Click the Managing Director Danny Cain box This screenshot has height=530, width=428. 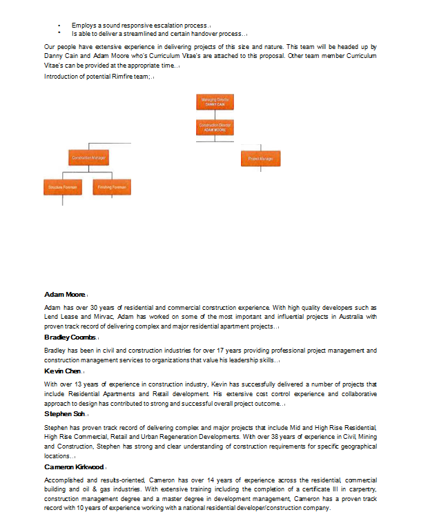pyautogui.click(x=215, y=102)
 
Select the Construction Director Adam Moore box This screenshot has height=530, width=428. pyautogui.click(x=215, y=128)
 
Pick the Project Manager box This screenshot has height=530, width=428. pyautogui.click(x=260, y=159)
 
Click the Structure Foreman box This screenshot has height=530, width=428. pyautogui.click(x=63, y=187)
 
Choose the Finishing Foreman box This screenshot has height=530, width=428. pyautogui.click(x=110, y=187)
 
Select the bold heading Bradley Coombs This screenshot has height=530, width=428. pyautogui.click(x=69, y=337)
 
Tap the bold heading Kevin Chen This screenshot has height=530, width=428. pyautogui.click(x=62, y=371)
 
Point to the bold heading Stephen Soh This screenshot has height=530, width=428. pyautogui.click(x=64, y=414)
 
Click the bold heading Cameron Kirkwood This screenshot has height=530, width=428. pyautogui.click(x=74, y=467)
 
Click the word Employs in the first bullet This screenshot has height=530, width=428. pyautogui.click(x=83, y=26)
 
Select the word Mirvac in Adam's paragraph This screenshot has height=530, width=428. pyautogui.click(x=104, y=316)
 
